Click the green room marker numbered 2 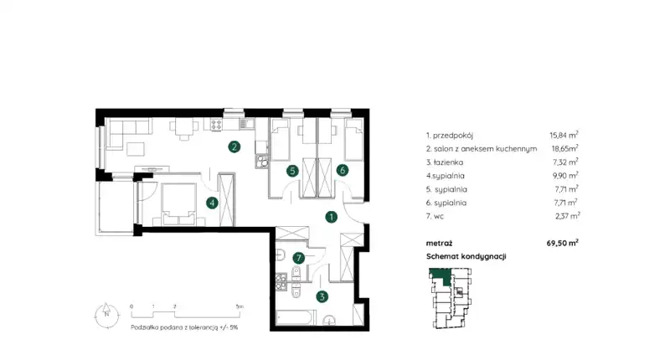coord(234,147)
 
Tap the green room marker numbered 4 coord(212,203)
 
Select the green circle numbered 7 coord(299,258)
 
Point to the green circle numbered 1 coord(331,217)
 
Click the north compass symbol coord(107,316)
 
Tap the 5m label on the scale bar coord(240,306)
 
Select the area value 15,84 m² coord(564,136)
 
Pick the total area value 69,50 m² coord(562,243)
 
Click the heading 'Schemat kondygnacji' coord(466,257)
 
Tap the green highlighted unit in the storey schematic coord(441,276)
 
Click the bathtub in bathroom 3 coord(295,318)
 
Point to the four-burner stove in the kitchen coord(216,124)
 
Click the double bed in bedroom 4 coord(178,204)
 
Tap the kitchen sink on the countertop coord(246,124)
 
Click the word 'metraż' coord(439,244)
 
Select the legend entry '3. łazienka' coord(445,162)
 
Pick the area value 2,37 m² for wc coord(568,216)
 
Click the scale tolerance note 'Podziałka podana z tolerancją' coord(174,327)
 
